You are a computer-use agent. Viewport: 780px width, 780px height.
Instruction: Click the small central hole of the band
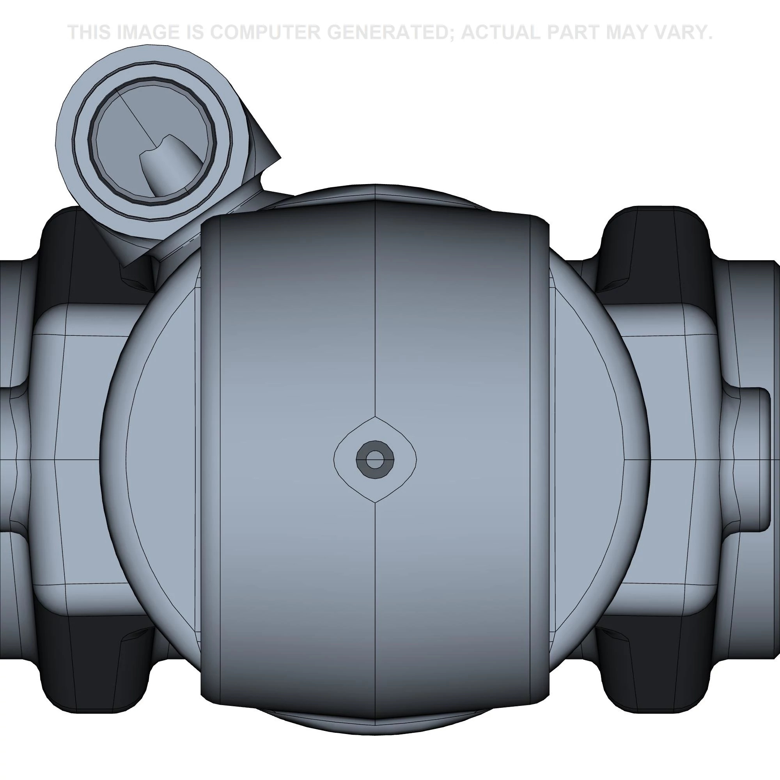click(x=375, y=459)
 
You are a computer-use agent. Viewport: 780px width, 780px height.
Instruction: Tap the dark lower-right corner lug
click(x=654, y=670)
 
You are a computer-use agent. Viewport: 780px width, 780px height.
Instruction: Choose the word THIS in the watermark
click(x=89, y=32)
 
